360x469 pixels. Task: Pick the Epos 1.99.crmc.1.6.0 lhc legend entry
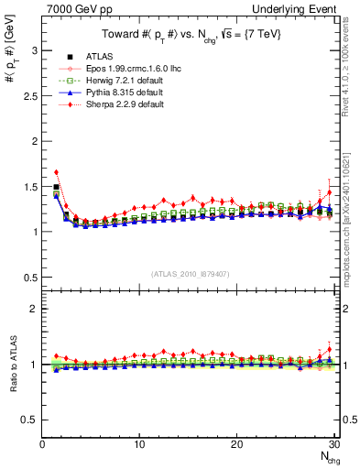[x=125, y=69]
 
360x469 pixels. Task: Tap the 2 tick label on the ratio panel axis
[x=34, y=309]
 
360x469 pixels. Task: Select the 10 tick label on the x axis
[x=139, y=444]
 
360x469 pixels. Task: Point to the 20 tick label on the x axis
[x=236, y=444]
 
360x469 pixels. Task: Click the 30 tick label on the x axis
[x=333, y=444]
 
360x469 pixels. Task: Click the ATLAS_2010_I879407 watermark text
[x=191, y=272]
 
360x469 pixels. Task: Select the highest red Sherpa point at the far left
[x=57, y=172]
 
